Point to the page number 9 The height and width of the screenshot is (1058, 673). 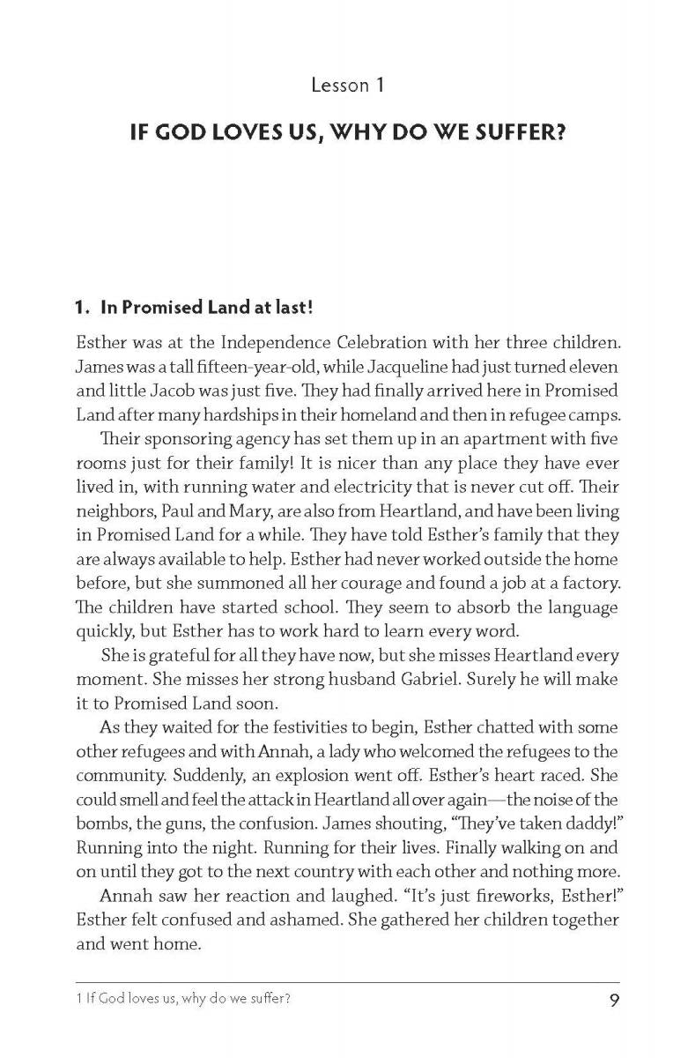pyautogui.click(x=612, y=1001)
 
